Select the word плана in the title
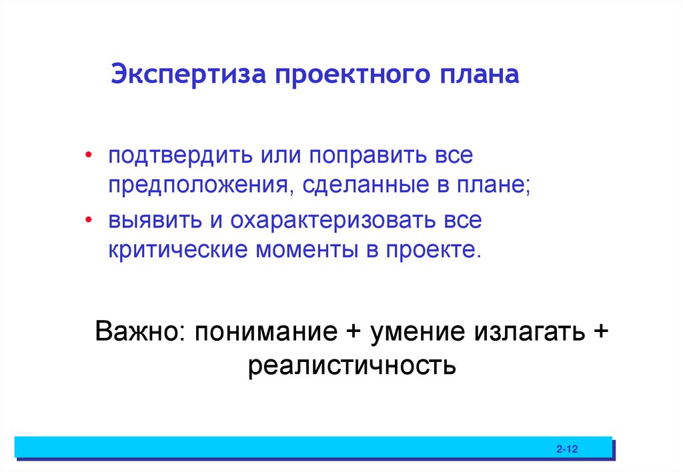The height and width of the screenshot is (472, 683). point(478,74)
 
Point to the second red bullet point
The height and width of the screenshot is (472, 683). point(89,219)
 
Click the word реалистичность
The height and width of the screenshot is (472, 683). point(352,365)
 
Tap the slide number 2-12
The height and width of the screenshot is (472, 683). point(566,450)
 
